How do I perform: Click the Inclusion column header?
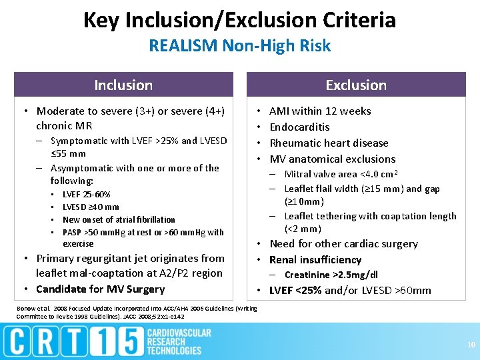[x=123, y=85]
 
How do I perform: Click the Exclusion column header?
[x=355, y=85]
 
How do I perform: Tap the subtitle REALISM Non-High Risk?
[x=239, y=46]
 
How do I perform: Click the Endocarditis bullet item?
[x=299, y=127]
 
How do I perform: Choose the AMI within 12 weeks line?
[x=320, y=111]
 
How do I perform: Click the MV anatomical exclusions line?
[x=332, y=159]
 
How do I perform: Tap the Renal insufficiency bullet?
[x=315, y=260]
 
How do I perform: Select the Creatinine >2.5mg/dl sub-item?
[x=331, y=275]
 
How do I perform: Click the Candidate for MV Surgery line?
[x=100, y=289]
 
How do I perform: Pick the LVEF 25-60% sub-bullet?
[x=86, y=195]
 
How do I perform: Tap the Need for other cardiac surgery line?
[x=343, y=244]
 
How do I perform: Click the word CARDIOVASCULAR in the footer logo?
[x=178, y=333]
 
